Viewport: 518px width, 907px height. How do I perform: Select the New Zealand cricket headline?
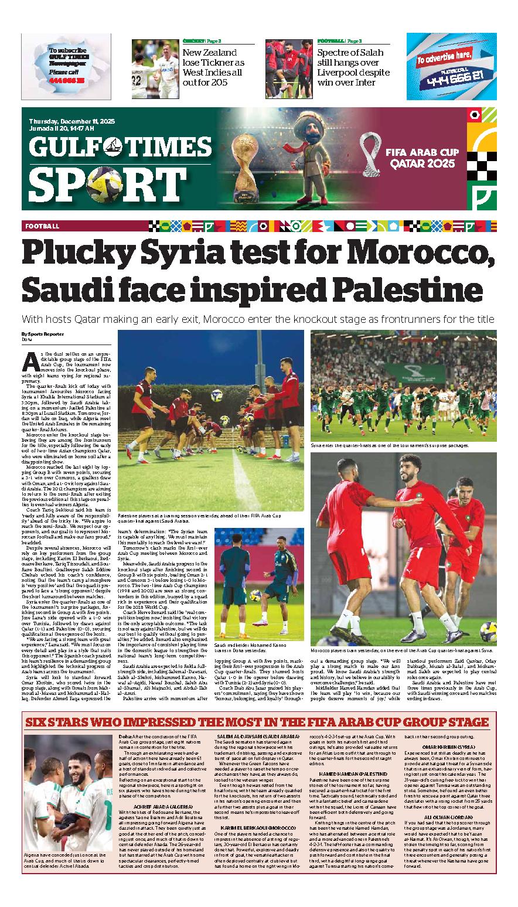[x=213, y=67]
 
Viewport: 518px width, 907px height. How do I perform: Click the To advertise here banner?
[x=451, y=66]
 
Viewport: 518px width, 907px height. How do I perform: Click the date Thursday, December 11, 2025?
[x=72, y=121]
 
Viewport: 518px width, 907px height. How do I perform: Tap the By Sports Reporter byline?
[x=43, y=334]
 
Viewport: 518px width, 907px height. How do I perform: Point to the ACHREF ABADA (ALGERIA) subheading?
[x=146, y=804]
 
